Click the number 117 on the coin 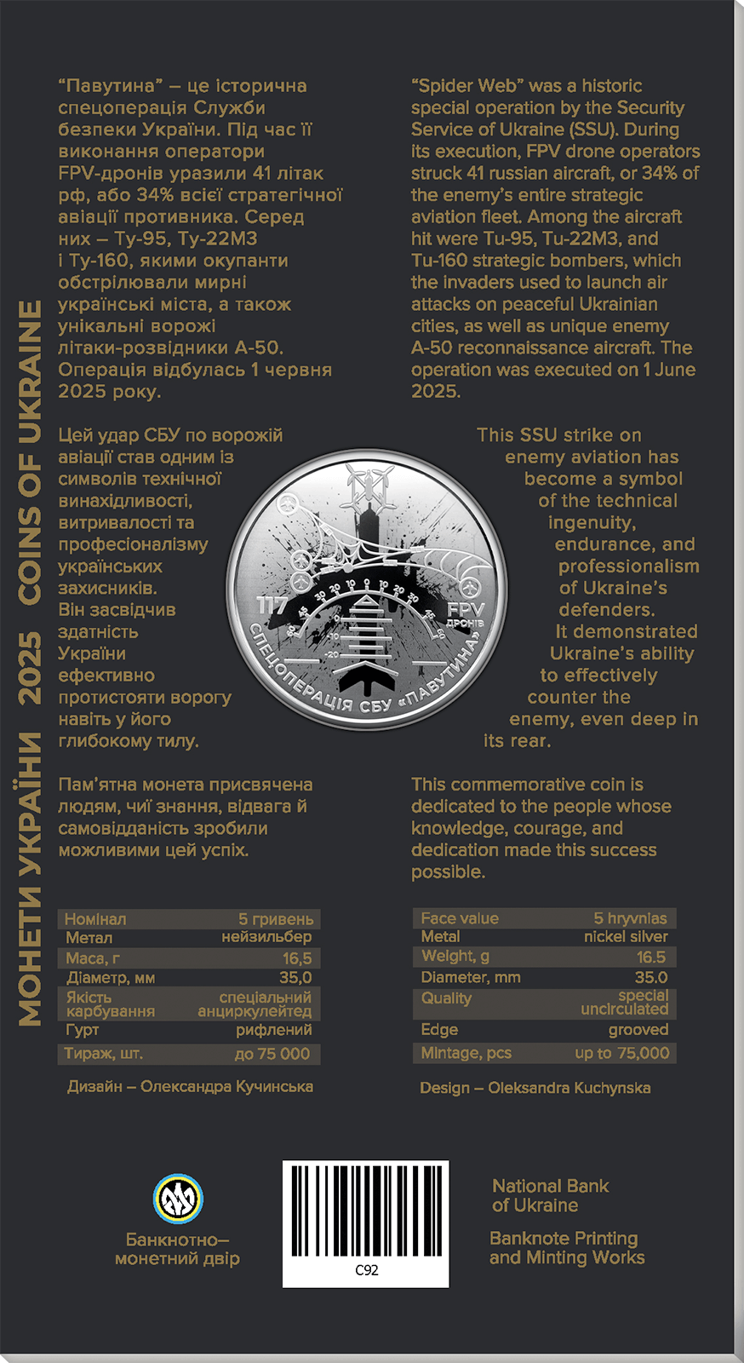pos(272,606)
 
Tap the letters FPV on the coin pos(465,609)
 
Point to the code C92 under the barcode pos(366,1270)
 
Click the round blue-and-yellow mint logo pos(178,1198)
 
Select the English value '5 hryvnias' pos(630,918)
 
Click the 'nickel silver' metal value pos(626,936)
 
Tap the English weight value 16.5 pos(651,957)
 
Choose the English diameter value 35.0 pos(651,977)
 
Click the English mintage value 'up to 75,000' pos(622,1053)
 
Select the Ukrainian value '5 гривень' pos(276,919)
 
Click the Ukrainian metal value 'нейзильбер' pos(266,937)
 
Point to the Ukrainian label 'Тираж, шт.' pos(104,1054)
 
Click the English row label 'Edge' pos(439,1029)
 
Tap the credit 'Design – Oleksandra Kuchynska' pos(535,1088)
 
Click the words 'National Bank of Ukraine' pos(550,1195)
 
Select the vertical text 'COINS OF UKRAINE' pos(31,452)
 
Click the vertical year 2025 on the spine pos(31,667)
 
